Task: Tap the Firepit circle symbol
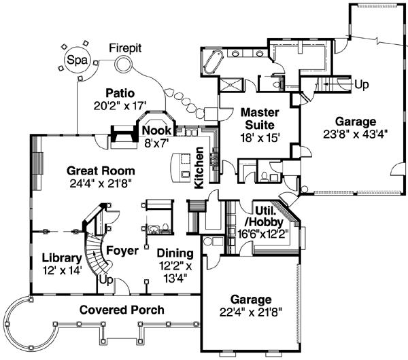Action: coord(125,65)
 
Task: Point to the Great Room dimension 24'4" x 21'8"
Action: coord(101,183)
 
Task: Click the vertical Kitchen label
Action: coord(199,168)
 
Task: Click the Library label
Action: coord(62,258)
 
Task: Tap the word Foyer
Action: coord(122,251)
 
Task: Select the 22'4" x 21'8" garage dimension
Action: coord(250,312)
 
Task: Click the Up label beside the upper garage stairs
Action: coord(362,85)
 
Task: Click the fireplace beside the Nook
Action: coord(123,138)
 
